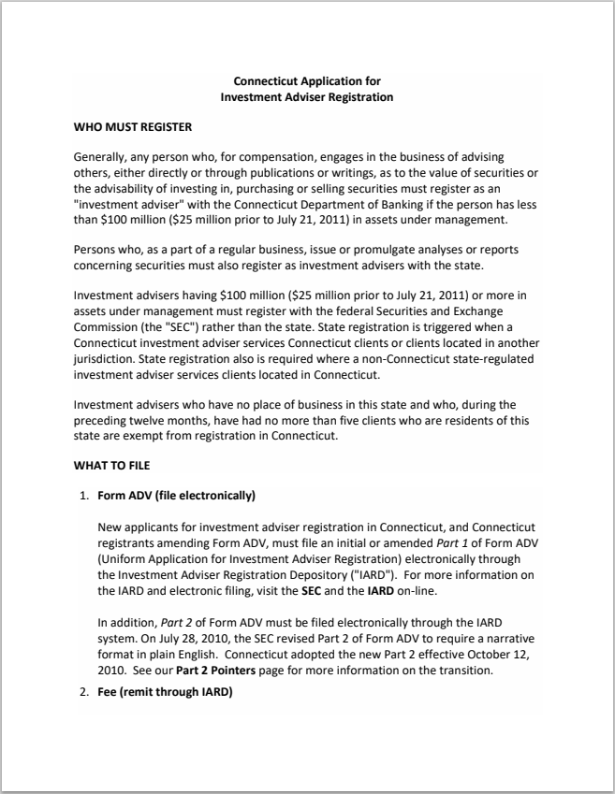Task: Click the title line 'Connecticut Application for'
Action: (306, 81)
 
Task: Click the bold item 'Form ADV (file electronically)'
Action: (177, 495)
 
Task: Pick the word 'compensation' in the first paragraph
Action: (261, 156)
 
